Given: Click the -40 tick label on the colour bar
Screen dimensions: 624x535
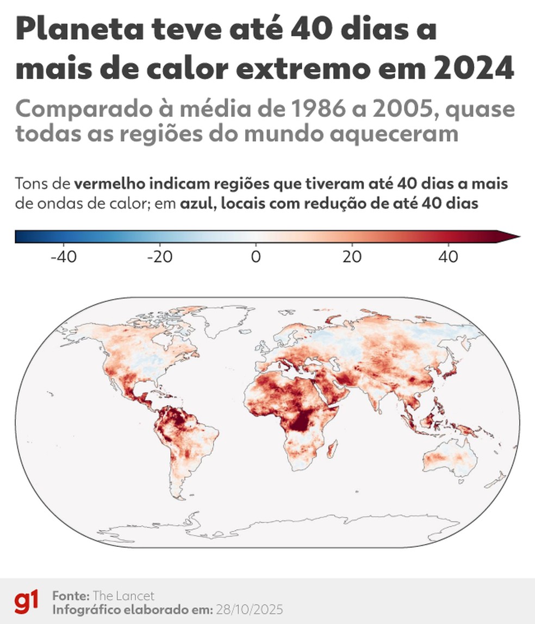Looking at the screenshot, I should (63, 256).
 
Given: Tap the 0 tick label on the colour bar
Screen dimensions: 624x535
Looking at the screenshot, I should (256, 256).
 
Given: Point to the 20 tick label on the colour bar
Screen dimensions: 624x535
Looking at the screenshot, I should (352, 256).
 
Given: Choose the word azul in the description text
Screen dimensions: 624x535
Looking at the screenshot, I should (193, 204).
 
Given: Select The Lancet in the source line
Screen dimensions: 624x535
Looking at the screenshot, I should (123, 595).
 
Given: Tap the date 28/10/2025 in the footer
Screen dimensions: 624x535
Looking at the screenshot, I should (249, 609).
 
